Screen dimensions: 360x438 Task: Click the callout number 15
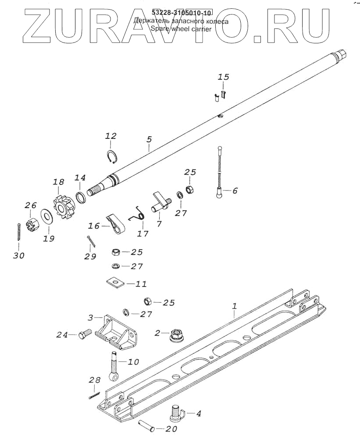[x=224, y=77]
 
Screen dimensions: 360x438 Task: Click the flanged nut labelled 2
[x=175, y=335]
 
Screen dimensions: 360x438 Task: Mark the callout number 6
[x=235, y=191]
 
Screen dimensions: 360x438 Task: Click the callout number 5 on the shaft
[x=149, y=139]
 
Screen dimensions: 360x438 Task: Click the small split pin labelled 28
[x=93, y=395]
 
